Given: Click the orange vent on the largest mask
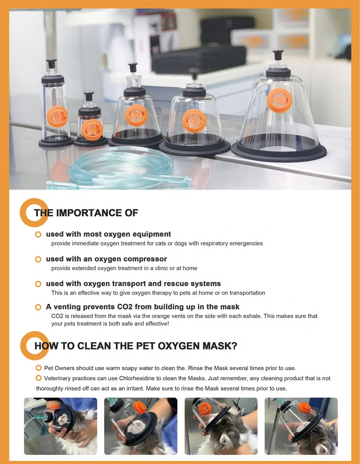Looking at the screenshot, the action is [279, 100].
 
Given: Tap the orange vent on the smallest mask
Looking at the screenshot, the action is [93, 129].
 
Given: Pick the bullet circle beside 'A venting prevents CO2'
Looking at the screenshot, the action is [38, 307].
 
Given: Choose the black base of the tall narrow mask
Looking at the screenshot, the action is [56, 142].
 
